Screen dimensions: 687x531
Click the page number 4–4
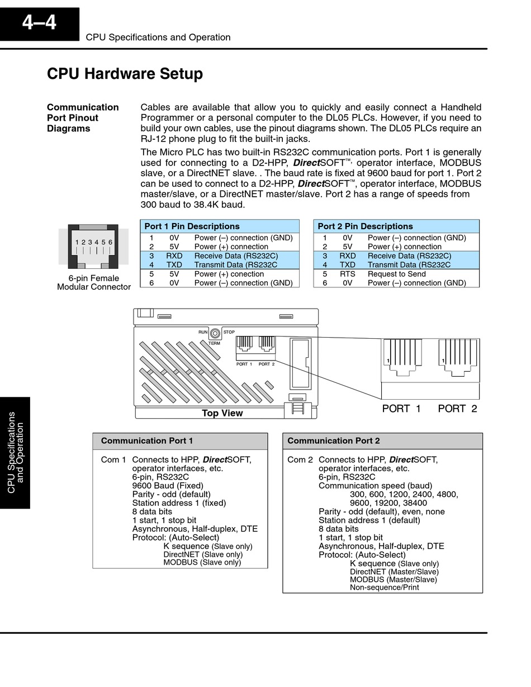click(39, 23)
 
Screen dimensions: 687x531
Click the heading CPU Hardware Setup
click(125, 74)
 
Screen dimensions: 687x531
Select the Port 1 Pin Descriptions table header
click(192, 226)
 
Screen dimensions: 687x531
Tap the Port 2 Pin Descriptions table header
click(365, 226)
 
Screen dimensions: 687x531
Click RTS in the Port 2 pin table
click(348, 274)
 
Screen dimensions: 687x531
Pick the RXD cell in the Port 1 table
click(174, 256)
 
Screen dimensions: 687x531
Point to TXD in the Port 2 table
click(348, 265)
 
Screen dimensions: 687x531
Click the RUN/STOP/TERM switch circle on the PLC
click(215, 333)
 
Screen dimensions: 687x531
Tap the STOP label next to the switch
click(229, 332)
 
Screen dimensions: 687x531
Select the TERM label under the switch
click(214, 343)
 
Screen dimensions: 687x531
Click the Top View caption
click(222, 413)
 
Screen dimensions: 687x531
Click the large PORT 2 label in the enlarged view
click(457, 409)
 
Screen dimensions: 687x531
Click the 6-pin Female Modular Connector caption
click(94, 282)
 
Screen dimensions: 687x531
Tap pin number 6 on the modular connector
click(110, 242)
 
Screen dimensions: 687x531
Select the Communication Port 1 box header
click(147, 441)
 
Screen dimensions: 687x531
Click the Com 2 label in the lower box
click(300, 459)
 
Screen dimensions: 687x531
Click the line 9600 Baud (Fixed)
click(168, 486)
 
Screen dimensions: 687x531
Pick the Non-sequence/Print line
click(384, 587)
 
